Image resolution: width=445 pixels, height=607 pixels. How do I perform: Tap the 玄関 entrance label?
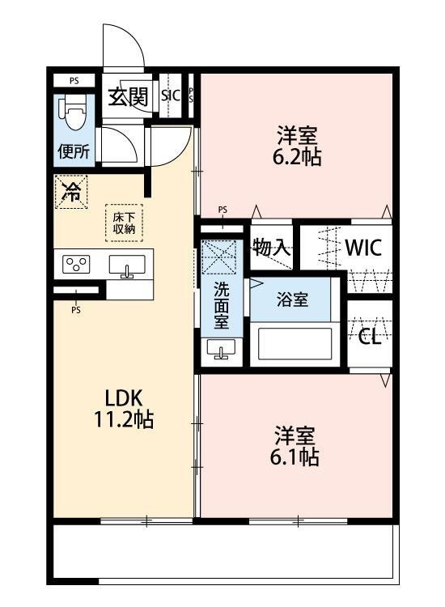click(x=128, y=97)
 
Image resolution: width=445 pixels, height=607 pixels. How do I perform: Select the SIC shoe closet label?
click(x=171, y=95)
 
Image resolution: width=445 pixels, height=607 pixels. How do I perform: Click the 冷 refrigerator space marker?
click(x=71, y=192)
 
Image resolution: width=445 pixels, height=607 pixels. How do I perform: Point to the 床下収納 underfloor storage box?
click(x=125, y=223)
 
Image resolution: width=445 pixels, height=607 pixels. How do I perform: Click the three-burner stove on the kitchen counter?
click(x=77, y=265)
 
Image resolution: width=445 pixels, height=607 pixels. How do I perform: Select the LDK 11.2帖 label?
click(x=125, y=409)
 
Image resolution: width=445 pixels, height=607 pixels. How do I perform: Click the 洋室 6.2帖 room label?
click(x=297, y=146)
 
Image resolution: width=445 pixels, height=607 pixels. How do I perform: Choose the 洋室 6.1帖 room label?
click(x=295, y=446)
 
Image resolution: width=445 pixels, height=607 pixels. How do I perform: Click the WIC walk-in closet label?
click(x=363, y=248)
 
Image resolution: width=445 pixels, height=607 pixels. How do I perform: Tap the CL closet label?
click(x=370, y=337)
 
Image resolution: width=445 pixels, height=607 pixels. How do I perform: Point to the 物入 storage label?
click(x=272, y=248)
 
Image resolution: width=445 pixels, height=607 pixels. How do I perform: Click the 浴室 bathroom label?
click(x=293, y=299)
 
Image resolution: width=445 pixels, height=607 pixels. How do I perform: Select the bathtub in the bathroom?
click(x=295, y=344)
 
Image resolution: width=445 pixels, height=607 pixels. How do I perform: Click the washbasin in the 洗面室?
click(x=221, y=349)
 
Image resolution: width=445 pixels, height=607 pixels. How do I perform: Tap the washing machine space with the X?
click(x=219, y=257)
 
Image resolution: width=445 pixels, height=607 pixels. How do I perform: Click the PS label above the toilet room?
click(x=74, y=81)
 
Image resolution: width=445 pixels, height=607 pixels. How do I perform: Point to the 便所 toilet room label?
click(x=74, y=151)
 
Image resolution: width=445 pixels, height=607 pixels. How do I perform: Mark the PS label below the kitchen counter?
click(x=76, y=310)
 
